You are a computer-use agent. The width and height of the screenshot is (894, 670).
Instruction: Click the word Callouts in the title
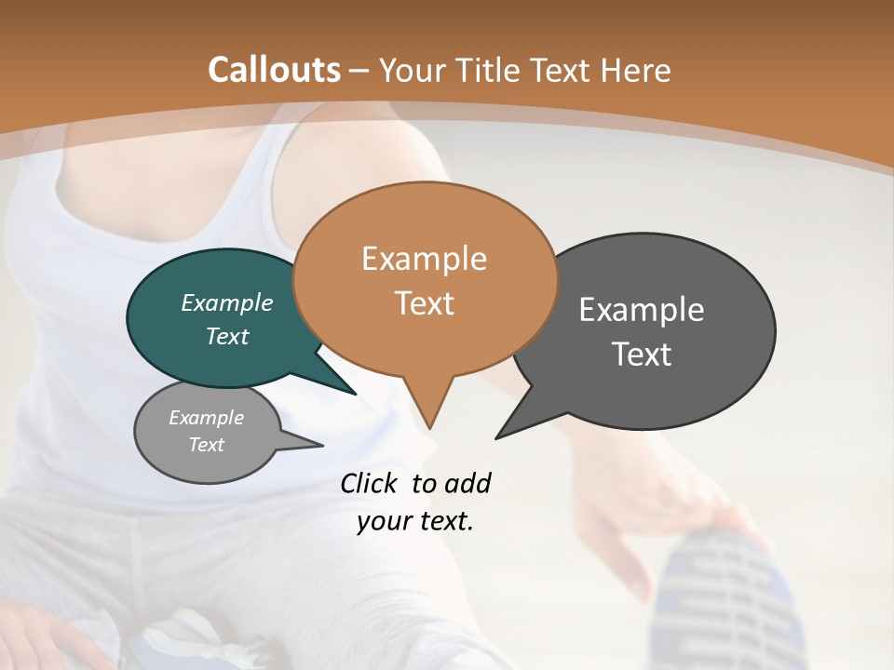tap(274, 70)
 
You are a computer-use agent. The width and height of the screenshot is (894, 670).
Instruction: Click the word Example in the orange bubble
tap(424, 259)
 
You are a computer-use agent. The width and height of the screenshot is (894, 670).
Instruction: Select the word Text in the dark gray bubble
tap(642, 355)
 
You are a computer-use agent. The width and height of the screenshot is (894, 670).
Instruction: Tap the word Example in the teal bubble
tap(227, 303)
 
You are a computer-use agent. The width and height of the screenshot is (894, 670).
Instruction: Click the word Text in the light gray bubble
tap(206, 445)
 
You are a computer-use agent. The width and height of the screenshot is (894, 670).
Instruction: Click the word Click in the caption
tap(370, 483)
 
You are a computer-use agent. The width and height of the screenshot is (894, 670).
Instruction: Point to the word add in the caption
tap(467, 483)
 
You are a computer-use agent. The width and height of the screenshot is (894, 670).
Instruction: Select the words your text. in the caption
tap(415, 521)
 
